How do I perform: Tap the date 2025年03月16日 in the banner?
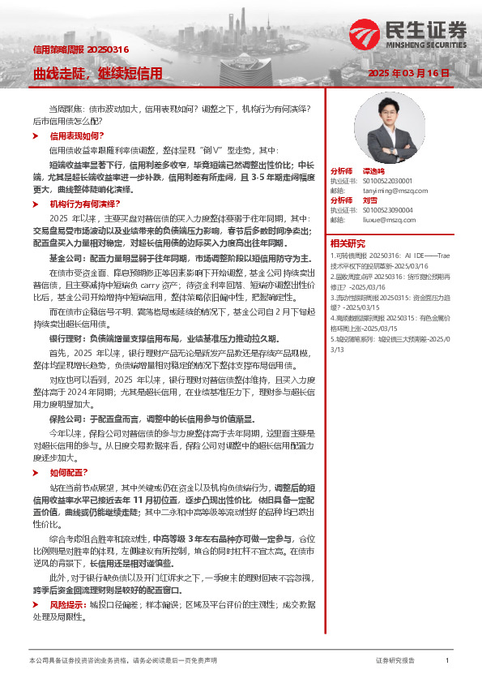point(408,73)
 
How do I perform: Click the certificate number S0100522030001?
point(382,181)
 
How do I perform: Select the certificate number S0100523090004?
point(382,209)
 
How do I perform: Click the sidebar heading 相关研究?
point(348,243)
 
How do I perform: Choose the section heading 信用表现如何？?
point(77,136)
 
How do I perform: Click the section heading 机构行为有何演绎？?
point(84,204)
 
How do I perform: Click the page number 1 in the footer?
point(447,661)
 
